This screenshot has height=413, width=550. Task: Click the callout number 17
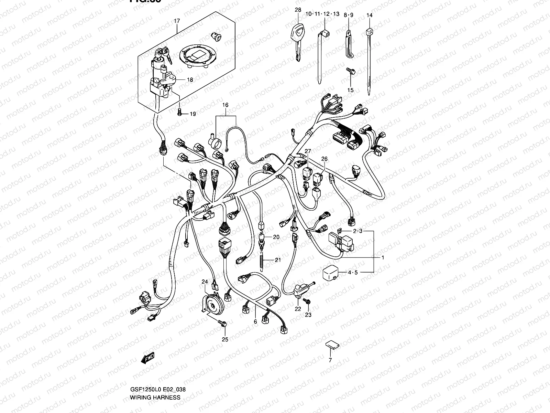tap(177, 21)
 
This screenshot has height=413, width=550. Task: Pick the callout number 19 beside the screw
tap(192, 114)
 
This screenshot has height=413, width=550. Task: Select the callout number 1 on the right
tap(383, 257)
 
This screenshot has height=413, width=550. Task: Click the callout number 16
tap(225, 105)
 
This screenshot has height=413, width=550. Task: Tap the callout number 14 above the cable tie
tap(369, 15)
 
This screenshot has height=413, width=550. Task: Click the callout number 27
tap(307, 151)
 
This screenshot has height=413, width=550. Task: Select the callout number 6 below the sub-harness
tap(255, 321)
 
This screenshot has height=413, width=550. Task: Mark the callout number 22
tap(298, 309)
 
